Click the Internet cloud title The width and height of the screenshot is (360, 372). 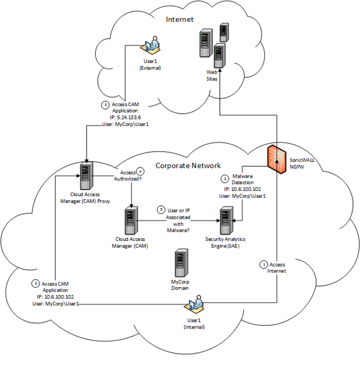pyautogui.click(x=179, y=19)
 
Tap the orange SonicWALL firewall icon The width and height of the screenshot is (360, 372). pyautogui.click(x=276, y=159)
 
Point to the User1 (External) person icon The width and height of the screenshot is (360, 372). pyautogui.click(x=151, y=46)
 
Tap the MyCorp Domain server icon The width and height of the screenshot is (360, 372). pyautogui.click(x=180, y=263)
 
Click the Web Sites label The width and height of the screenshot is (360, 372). pyautogui.click(x=212, y=75)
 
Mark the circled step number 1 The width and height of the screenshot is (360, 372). pyautogui.click(x=264, y=264)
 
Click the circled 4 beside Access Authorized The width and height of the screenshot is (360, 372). pyautogui.click(x=140, y=172)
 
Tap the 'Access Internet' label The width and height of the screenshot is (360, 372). pyautogui.click(x=276, y=268)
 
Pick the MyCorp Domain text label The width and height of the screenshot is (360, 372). pyautogui.click(x=181, y=284)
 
